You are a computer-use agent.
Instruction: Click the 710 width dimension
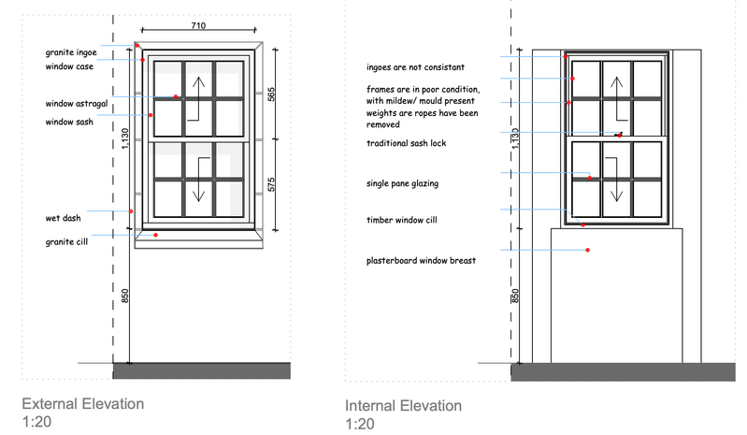pos(198,26)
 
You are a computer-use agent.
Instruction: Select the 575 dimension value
pos(271,183)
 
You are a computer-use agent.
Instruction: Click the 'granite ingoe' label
pos(71,52)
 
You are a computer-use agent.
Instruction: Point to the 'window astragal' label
pos(77,103)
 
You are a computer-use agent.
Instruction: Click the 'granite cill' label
pos(67,241)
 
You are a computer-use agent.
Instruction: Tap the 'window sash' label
pos(70,123)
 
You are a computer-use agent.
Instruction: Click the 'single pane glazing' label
pos(403,184)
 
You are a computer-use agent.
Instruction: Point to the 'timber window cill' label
pos(403,221)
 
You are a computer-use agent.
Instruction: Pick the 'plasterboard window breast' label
pos(423,261)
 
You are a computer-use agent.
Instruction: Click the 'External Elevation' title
pos(83,404)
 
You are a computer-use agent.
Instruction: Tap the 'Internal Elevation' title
pos(403,406)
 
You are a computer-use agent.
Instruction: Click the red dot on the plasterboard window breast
pos(587,251)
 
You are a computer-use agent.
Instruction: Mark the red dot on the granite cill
pos(156,235)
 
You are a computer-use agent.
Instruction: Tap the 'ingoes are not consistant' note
pos(416,67)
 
